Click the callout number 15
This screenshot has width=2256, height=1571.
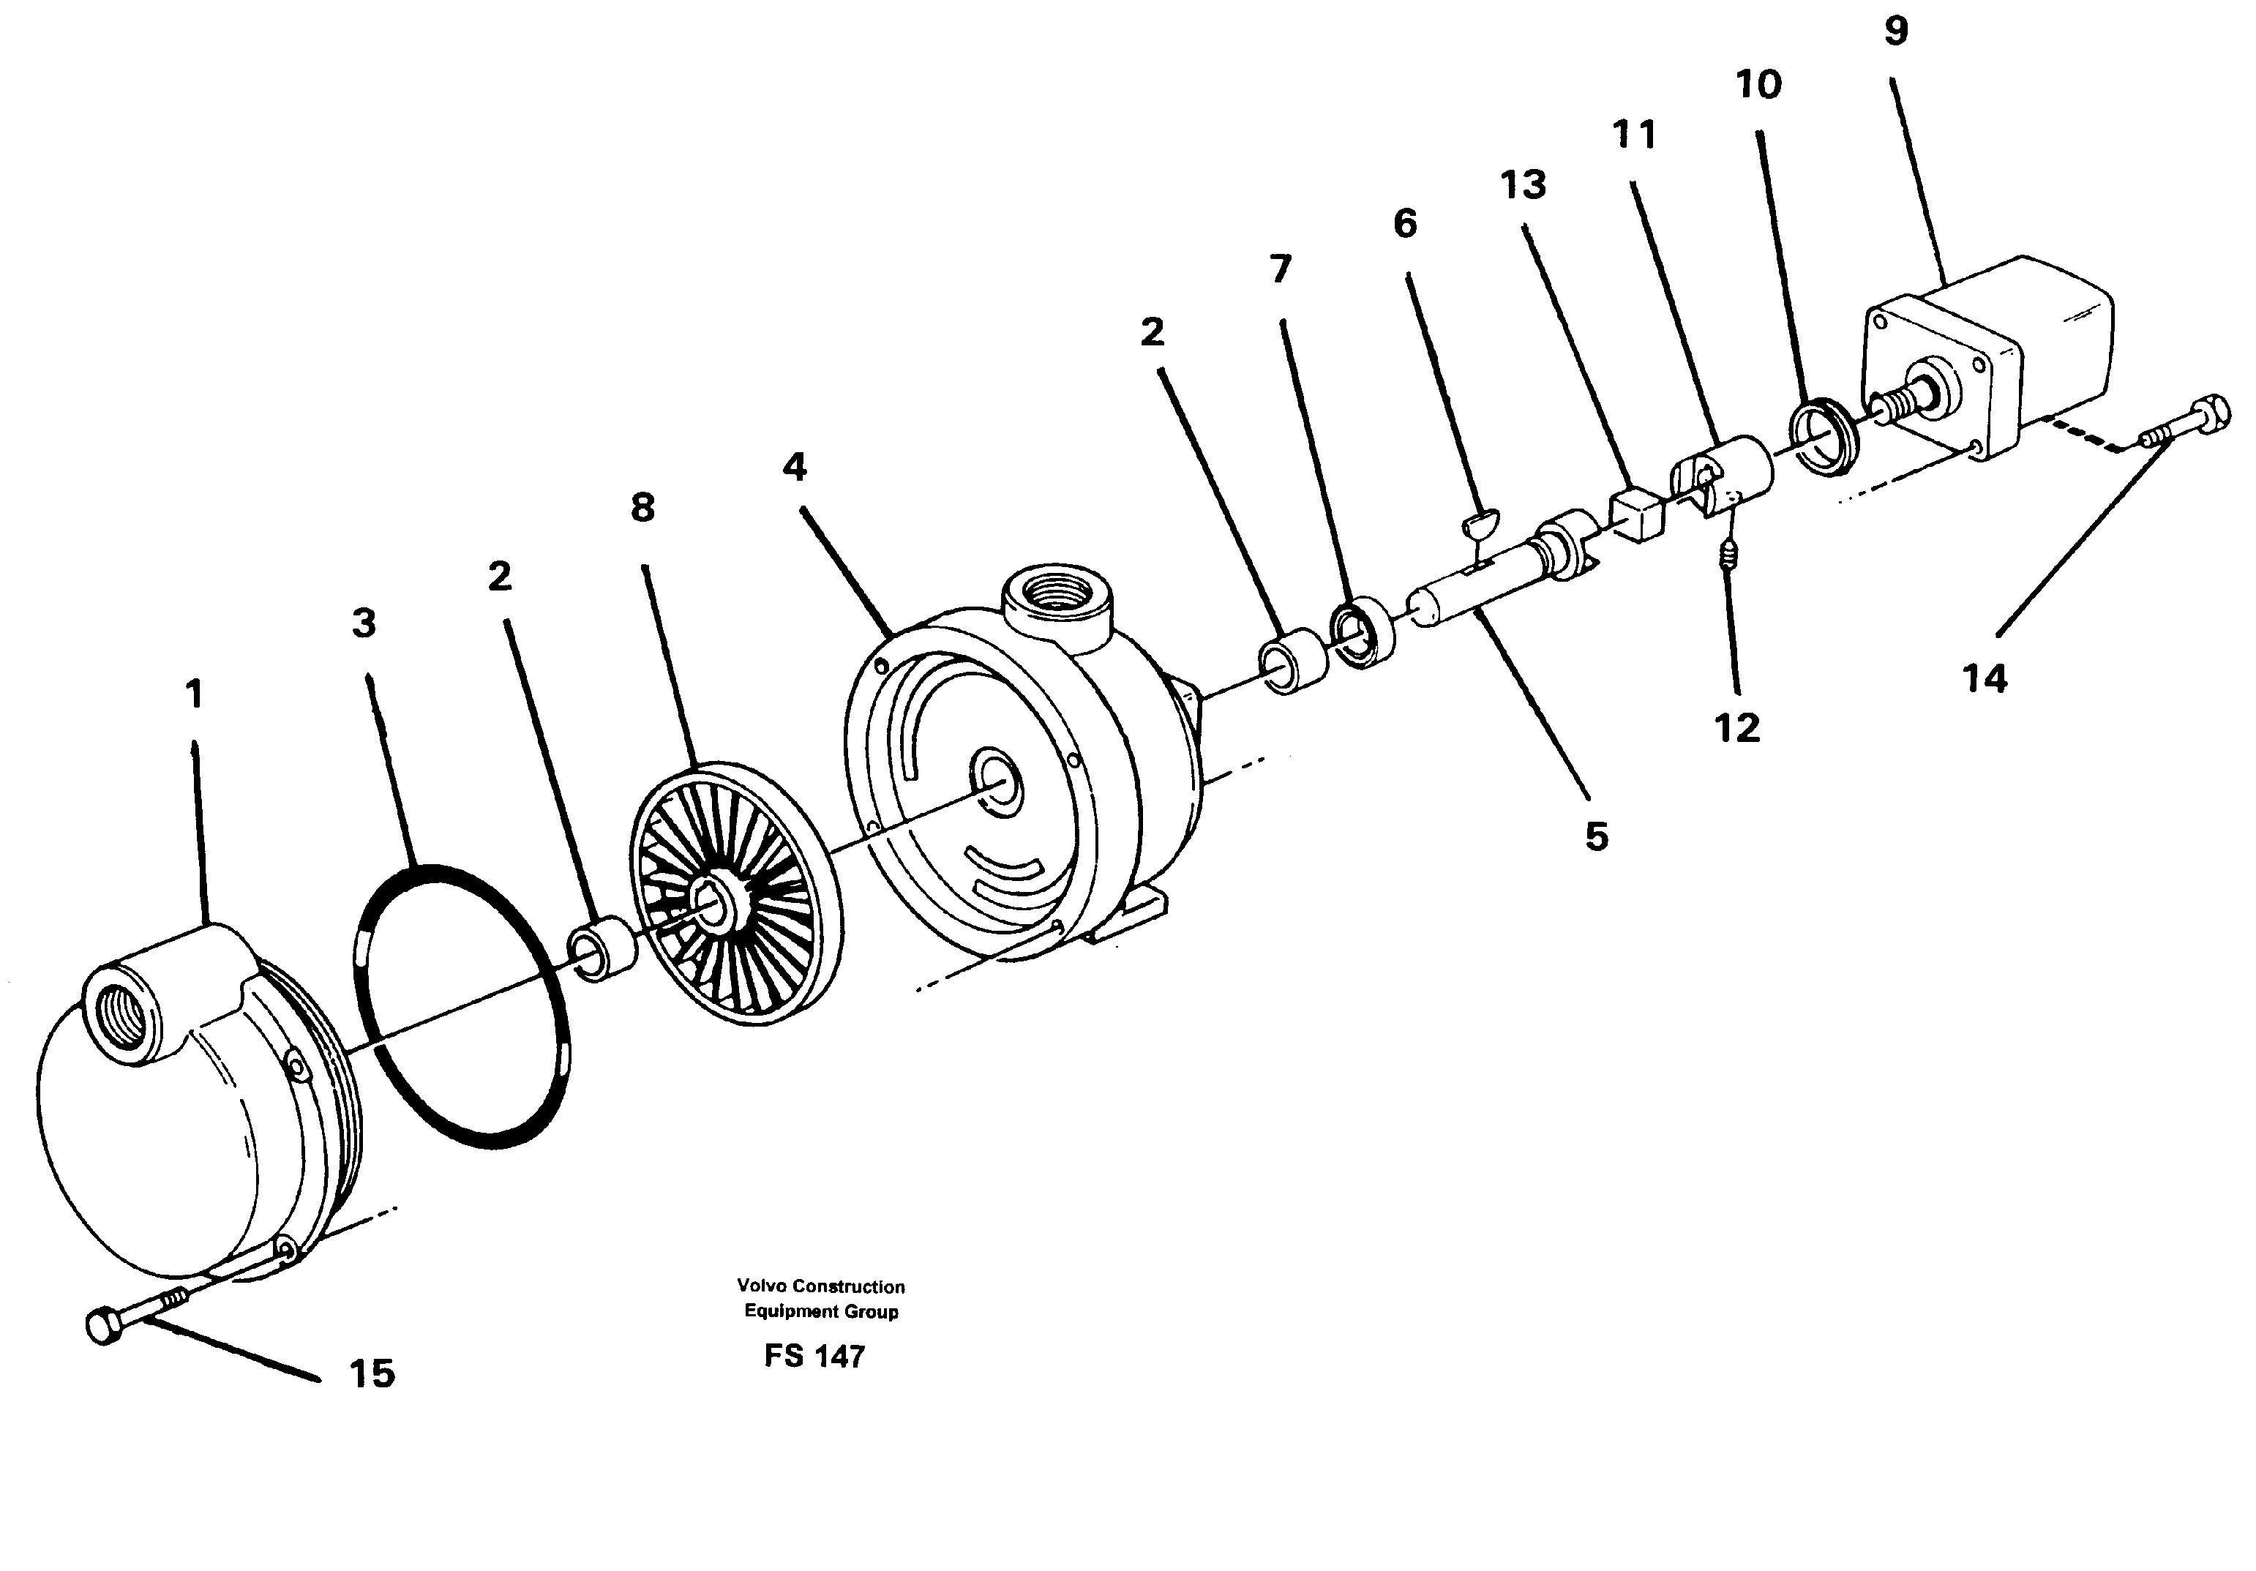[x=372, y=1373]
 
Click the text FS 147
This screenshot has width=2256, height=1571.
[x=814, y=1357]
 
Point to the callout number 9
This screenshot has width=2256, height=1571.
[x=1895, y=31]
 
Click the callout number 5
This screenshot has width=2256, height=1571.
[x=1597, y=836]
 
